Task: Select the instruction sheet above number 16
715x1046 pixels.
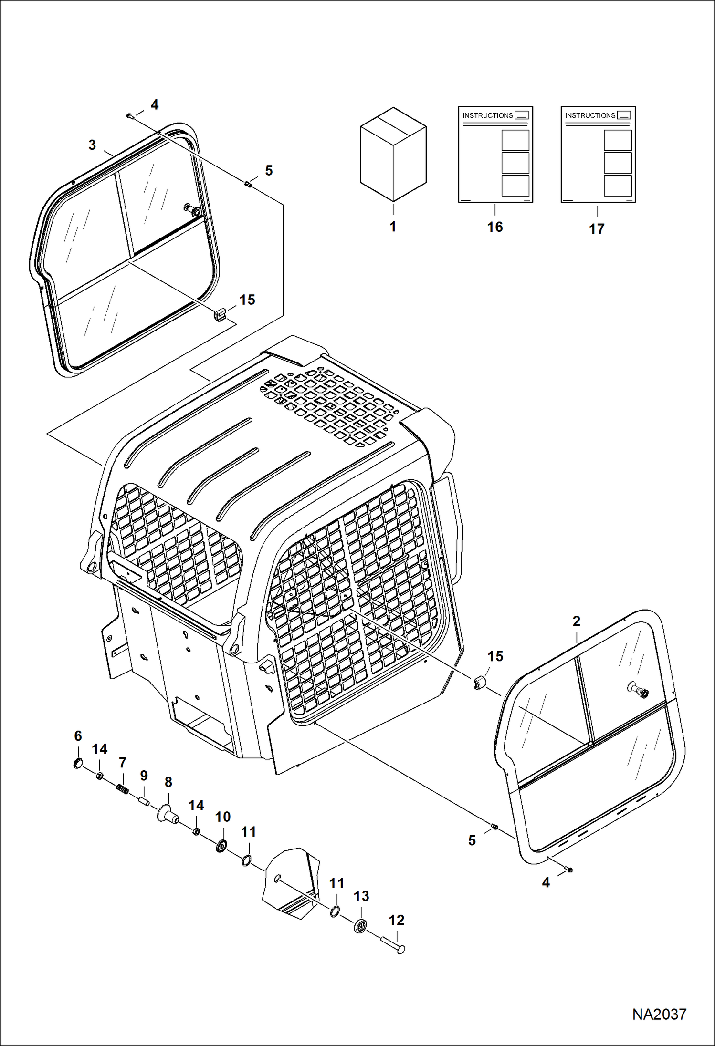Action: click(x=495, y=155)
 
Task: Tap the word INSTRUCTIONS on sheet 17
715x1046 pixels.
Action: click(x=590, y=115)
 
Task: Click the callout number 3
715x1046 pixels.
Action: click(x=93, y=145)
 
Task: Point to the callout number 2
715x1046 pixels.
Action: click(x=576, y=621)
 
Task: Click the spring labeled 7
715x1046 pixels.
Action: click(x=123, y=790)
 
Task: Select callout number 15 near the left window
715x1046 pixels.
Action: click(x=247, y=300)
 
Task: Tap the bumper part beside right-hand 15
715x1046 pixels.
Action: click(x=479, y=683)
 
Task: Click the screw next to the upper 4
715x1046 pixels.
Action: click(x=130, y=115)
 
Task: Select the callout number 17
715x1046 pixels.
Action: click(x=597, y=229)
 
